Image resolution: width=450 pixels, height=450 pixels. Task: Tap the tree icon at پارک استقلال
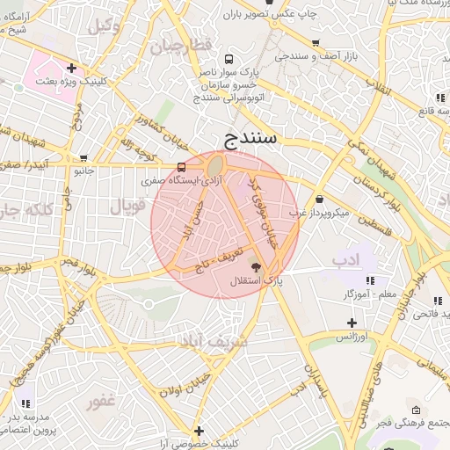(x=256, y=267)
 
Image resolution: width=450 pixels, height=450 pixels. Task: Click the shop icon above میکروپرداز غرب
(x=318, y=199)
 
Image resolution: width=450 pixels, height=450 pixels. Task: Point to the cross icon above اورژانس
(x=352, y=323)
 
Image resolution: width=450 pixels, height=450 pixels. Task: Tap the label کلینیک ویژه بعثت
(x=70, y=80)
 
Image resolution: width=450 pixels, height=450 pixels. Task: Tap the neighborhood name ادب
(x=347, y=261)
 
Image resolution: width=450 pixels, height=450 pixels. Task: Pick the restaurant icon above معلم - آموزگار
(x=369, y=279)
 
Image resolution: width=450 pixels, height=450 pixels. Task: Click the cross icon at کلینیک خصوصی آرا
(x=200, y=430)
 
